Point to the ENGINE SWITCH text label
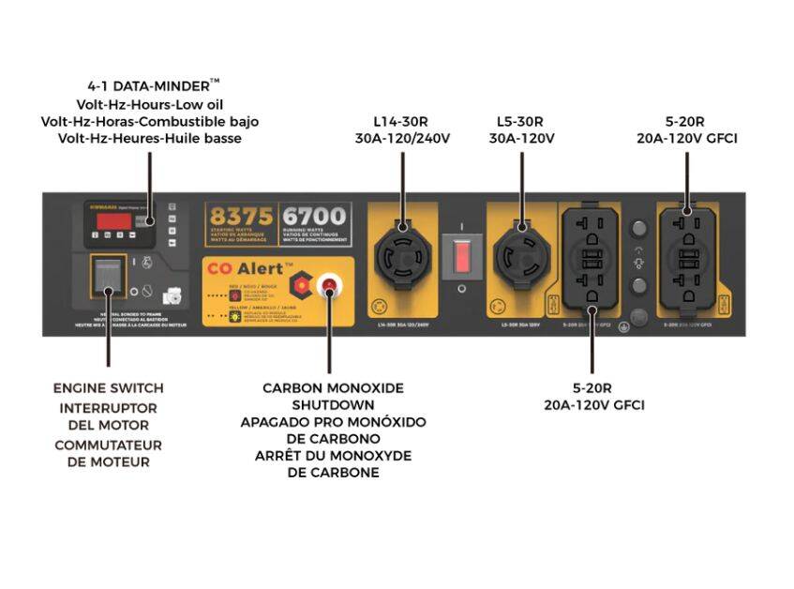click(108, 388)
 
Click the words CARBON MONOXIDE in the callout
click(333, 387)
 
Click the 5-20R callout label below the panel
click(592, 388)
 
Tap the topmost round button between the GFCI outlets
click(640, 228)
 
